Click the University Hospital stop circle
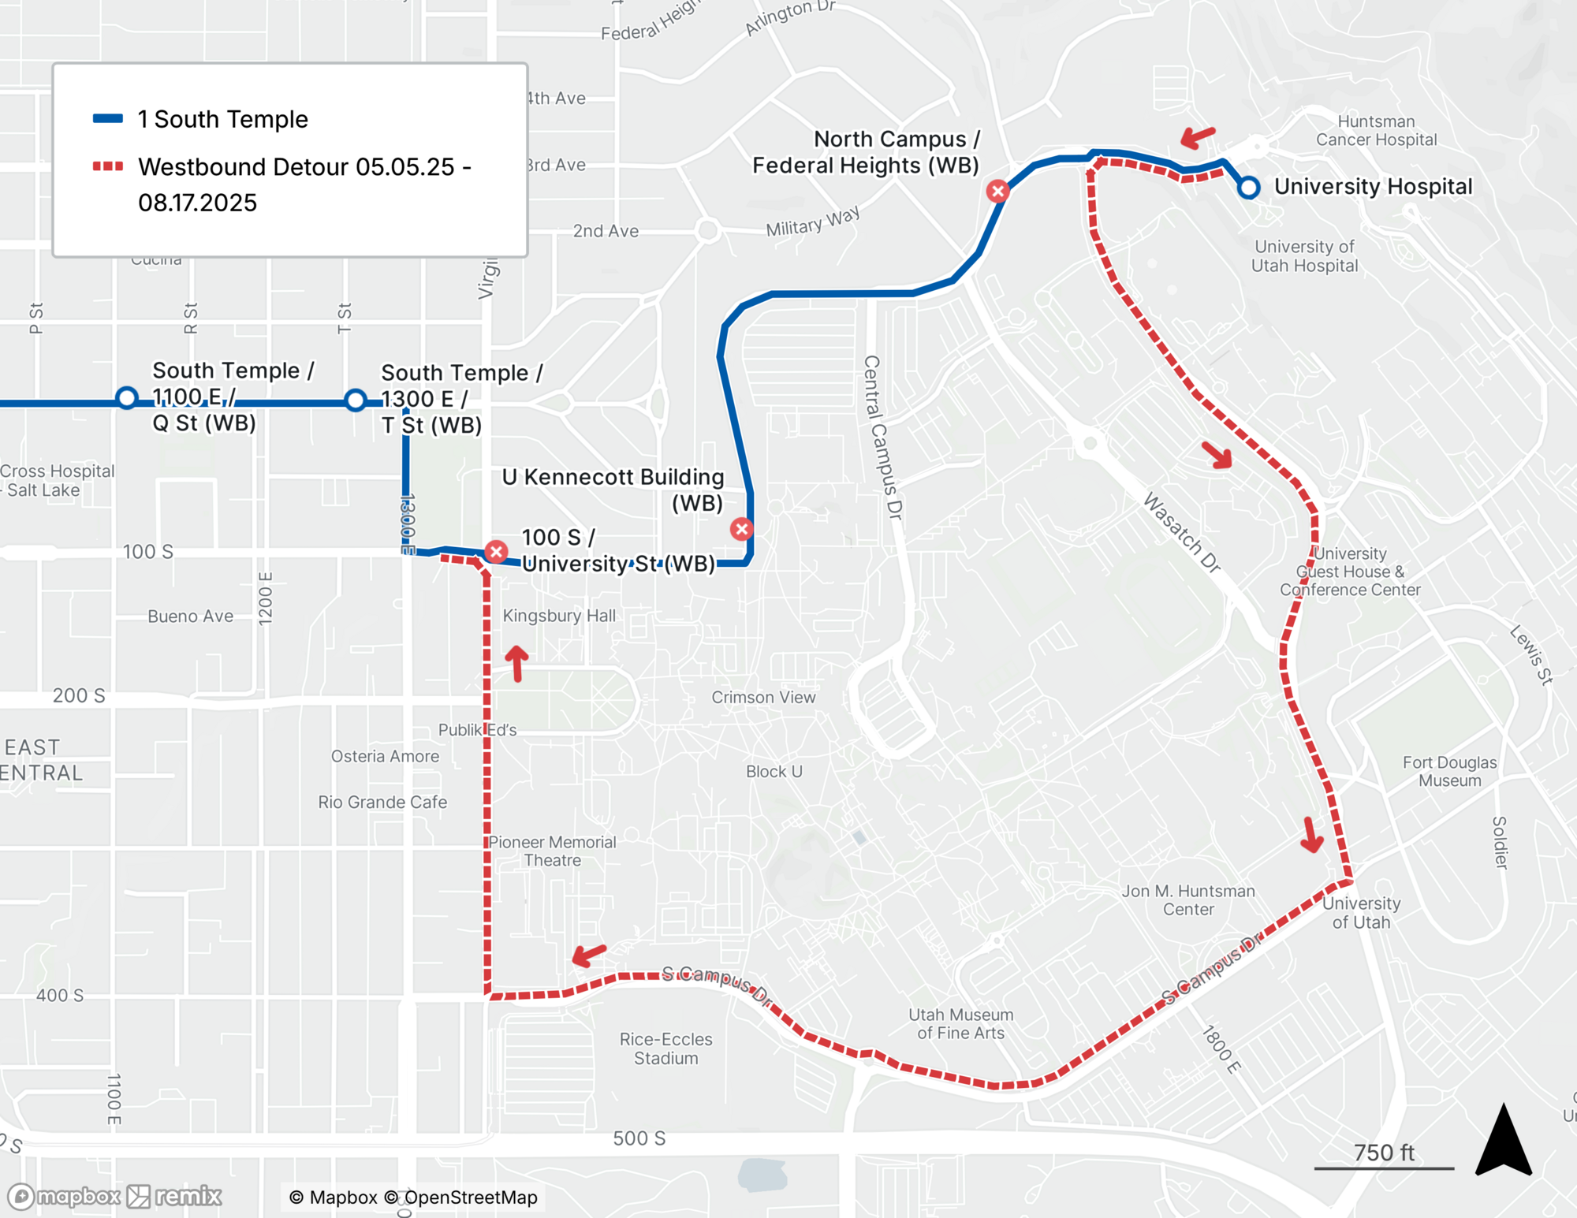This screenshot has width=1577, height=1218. point(1248,188)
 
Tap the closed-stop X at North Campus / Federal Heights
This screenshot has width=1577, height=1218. point(998,191)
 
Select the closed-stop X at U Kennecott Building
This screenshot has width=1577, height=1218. point(741,529)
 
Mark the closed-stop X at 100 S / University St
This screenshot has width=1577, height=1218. point(496,552)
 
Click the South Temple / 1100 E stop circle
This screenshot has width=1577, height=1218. point(127,398)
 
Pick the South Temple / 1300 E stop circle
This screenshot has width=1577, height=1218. point(356,400)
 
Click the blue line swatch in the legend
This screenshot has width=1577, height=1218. point(108,119)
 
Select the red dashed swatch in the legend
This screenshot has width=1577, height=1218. point(108,166)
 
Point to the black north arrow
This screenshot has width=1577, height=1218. point(1504,1141)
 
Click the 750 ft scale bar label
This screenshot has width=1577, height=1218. point(1384,1153)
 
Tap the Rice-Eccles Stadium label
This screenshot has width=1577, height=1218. point(666,1049)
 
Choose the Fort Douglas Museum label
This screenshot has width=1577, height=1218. point(1450,771)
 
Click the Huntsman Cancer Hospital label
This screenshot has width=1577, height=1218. point(1376,131)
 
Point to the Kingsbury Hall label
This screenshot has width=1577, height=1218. point(559,616)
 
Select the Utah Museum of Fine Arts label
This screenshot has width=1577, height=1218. point(960,1023)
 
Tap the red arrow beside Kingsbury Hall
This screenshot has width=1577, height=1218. point(516,663)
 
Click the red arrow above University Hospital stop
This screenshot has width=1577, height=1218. point(1198,137)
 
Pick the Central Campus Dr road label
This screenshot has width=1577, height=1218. point(882,438)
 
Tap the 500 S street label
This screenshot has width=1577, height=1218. point(639,1138)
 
